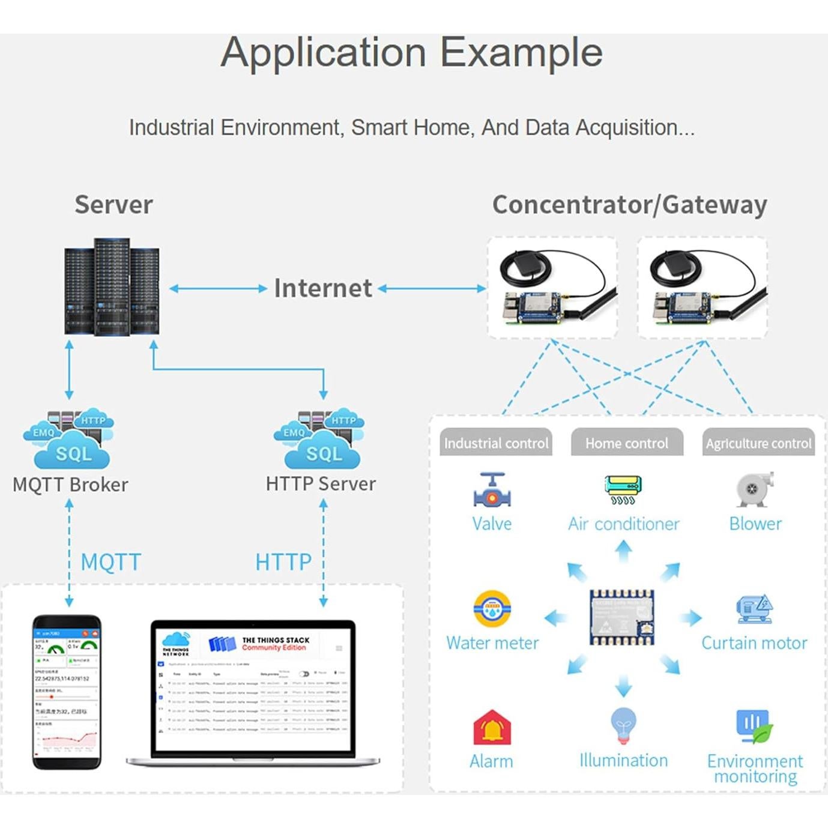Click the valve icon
[x=492, y=491]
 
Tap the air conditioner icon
[x=623, y=490]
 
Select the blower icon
[x=755, y=489]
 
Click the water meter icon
[x=492, y=609]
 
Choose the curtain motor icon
[x=754, y=609]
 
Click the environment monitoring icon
[x=754, y=726]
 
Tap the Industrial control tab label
[x=496, y=443]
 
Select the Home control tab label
[x=627, y=443]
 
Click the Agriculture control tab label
[x=758, y=443]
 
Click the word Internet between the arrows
[x=323, y=288]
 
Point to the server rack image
[x=112, y=286]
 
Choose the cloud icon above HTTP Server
[x=319, y=440]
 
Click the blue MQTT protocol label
[x=110, y=562]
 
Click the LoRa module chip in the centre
[x=622, y=617]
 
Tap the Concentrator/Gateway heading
[x=629, y=205]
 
